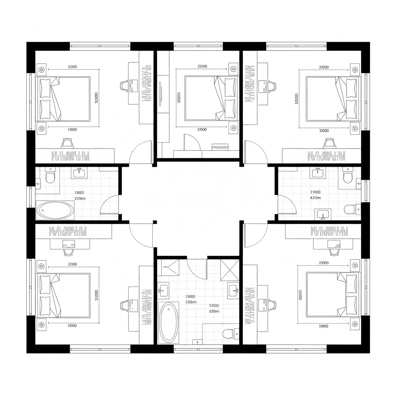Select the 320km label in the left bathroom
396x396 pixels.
(80, 198)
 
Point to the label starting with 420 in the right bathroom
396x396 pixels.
(316, 198)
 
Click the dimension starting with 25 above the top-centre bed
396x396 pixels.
(202, 66)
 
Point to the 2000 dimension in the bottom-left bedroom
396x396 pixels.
(72, 264)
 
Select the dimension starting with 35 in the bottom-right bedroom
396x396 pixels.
(324, 326)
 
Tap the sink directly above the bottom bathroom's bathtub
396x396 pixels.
(163, 289)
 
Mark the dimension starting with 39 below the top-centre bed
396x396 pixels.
(202, 130)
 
